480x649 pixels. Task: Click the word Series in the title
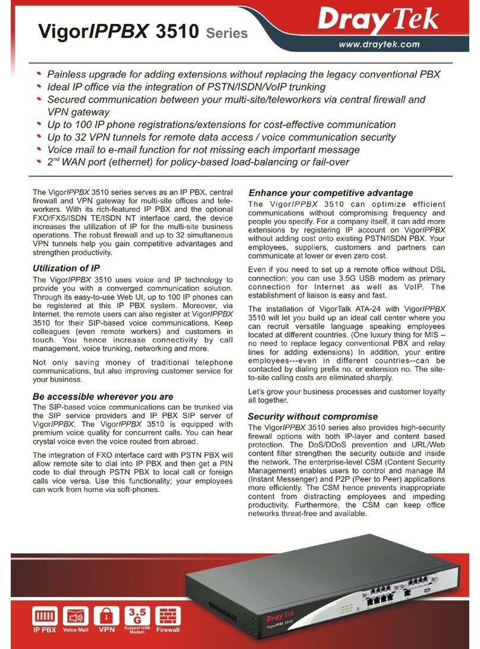pos(227,34)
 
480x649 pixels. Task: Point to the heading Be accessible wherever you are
pos(103,396)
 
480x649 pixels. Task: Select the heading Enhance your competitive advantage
pos(330,193)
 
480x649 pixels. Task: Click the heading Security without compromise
pos(312,416)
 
